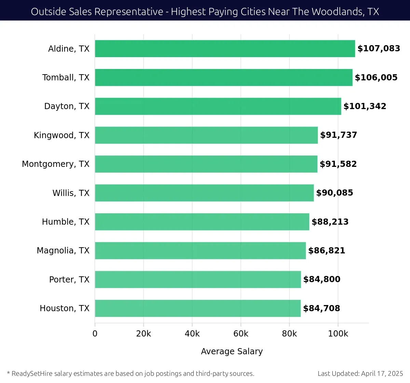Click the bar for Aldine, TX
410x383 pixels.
pyautogui.click(x=225, y=49)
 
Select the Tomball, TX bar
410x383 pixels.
pyautogui.click(x=223, y=77)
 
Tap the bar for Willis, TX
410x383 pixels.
pyautogui.click(x=204, y=193)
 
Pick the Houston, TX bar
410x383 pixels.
pyautogui.click(x=198, y=308)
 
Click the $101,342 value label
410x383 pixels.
pyautogui.click(x=365, y=106)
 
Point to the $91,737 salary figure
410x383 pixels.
pyautogui.click(x=339, y=135)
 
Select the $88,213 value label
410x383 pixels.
pyautogui.click(x=330, y=222)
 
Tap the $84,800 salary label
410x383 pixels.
pyautogui.click(x=322, y=279)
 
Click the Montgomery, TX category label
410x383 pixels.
pyautogui.click(x=56, y=164)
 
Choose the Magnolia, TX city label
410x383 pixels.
pyautogui.click(x=63, y=251)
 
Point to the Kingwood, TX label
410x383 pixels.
pyautogui.click(x=61, y=135)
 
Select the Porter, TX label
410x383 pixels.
pyautogui.click(x=69, y=280)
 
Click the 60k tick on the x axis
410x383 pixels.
pyautogui.click(x=241, y=334)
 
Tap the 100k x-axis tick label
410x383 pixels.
pyautogui.click(x=338, y=334)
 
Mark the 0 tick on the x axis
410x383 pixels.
pyautogui.click(x=95, y=334)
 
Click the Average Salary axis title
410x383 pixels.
pyautogui.click(x=232, y=352)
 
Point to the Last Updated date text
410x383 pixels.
pyautogui.click(x=360, y=373)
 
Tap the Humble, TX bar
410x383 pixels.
pyautogui.click(x=202, y=222)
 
